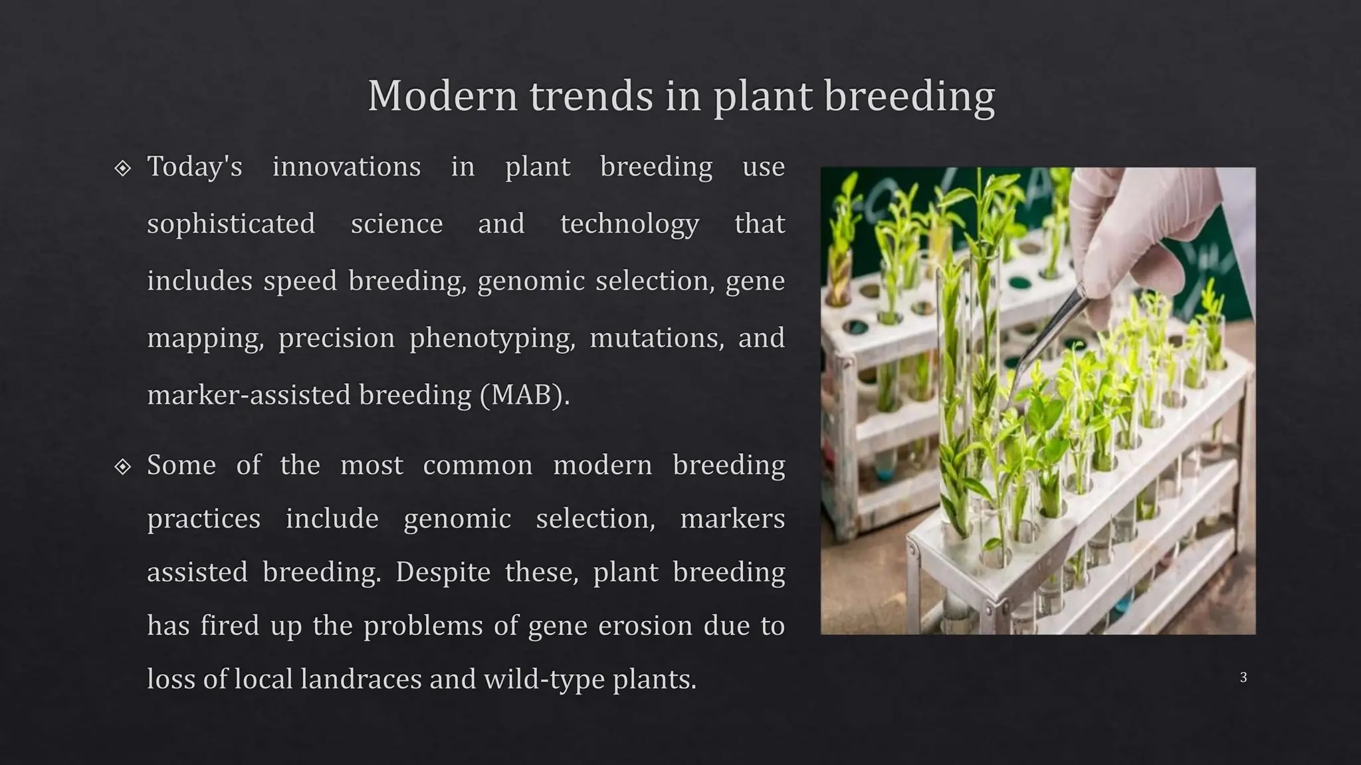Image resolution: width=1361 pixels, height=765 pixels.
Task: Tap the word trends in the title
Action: [x=591, y=96]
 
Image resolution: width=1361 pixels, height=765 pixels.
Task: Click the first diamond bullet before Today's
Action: [x=122, y=168]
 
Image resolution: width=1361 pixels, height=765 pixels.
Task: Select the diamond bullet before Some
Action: [x=122, y=467]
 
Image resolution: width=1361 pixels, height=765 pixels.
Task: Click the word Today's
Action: [x=195, y=167]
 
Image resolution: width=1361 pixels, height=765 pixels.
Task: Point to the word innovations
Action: [x=346, y=167]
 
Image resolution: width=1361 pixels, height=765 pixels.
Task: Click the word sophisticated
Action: [x=231, y=224]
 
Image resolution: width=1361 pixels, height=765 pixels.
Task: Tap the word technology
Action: [x=629, y=224]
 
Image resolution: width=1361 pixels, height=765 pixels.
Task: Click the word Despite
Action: [x=443, y=572]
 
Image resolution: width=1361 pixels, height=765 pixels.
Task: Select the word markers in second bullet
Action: [x=732, y=519]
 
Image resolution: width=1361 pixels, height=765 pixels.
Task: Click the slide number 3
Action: [x=1243, y=677]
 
